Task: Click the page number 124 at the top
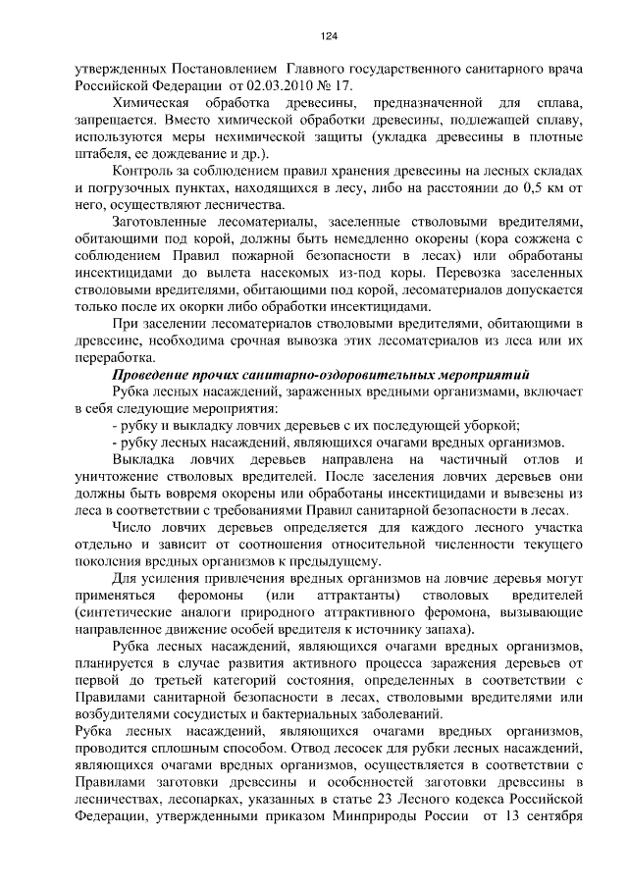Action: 329,36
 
